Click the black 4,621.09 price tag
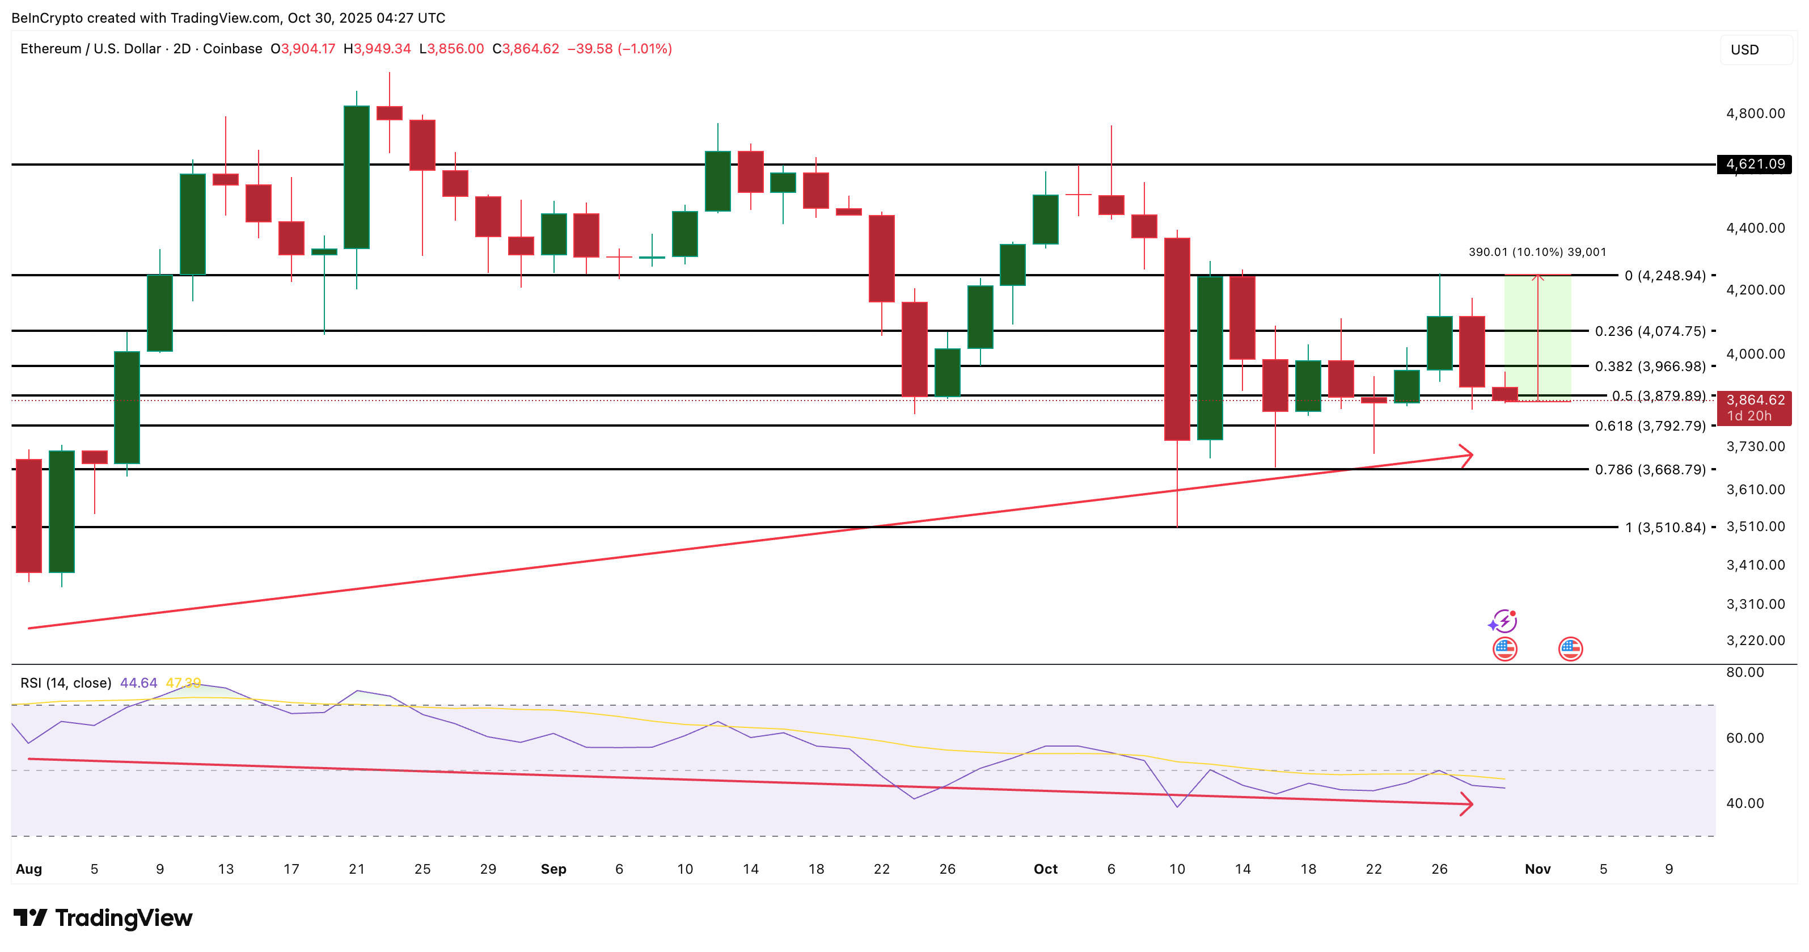1753,165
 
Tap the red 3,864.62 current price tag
1753,401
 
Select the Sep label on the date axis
553,869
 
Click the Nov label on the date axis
1537,869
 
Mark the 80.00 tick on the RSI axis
1744,672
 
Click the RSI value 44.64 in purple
138,683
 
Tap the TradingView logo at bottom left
103,917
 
